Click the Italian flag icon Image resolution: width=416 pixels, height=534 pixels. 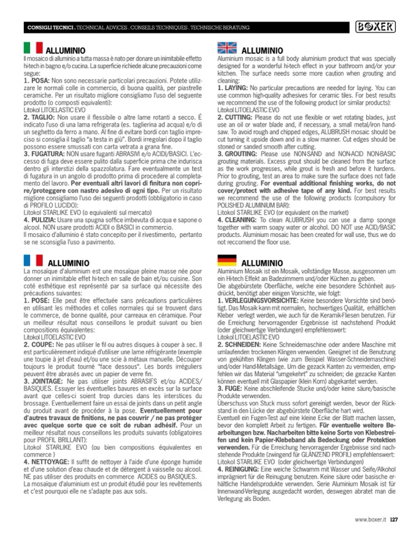[32, 48]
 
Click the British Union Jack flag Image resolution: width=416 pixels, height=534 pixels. [228, 48]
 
